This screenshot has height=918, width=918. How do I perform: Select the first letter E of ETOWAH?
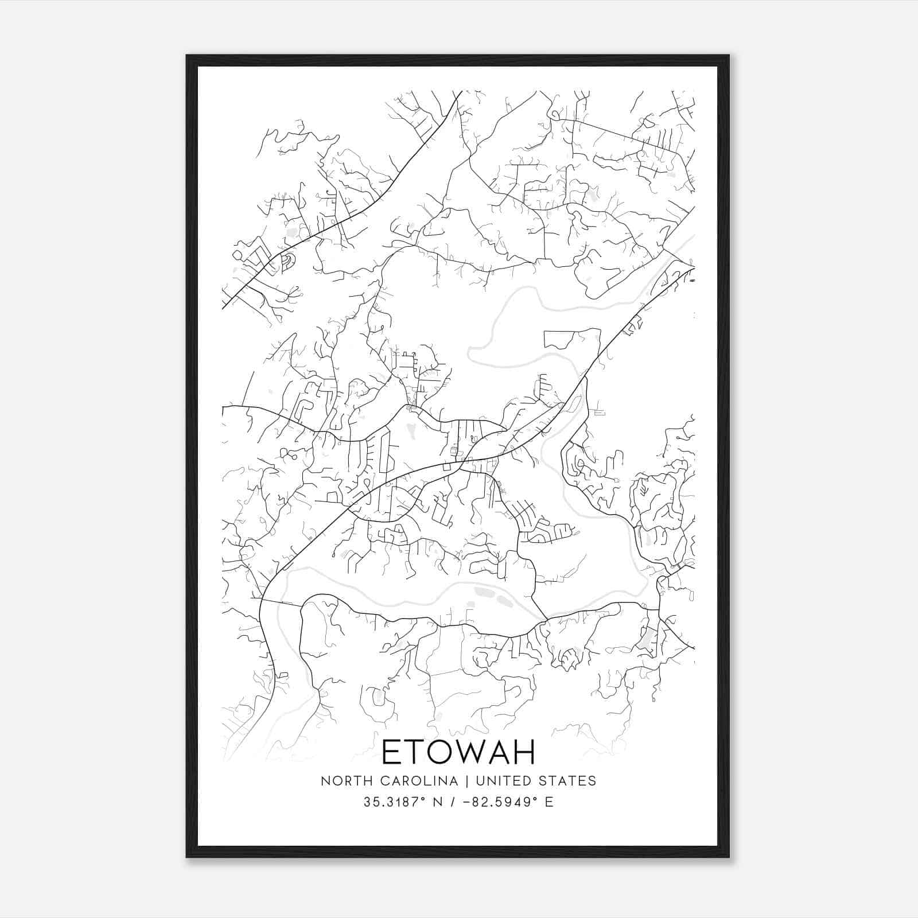[391, 752]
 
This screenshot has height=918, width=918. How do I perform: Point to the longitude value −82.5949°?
[501, 802]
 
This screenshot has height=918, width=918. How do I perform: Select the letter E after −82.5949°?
[550, 802]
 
